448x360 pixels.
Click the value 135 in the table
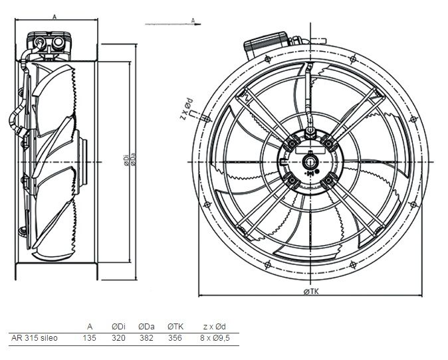(x=90, y=338)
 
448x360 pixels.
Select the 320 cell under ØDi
(x=118, y=338)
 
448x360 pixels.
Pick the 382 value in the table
(x=147, y=338)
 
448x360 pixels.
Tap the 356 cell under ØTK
(x=175, y=338)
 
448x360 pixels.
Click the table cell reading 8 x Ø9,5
(x=215, y=338)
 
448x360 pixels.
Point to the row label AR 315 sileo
(x=35, y=338)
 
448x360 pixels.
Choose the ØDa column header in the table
(x=146, y=326)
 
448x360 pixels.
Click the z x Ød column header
(x=214, y=326)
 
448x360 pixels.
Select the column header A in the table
(x=90, y=326)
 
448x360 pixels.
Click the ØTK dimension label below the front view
(x=311, y=292)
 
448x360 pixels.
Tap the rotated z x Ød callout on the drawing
(x=187, y=109)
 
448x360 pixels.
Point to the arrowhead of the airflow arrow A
(x=198, y=25)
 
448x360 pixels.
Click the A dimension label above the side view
(x=55, y=17)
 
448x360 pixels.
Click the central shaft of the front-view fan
(x=310, y=162)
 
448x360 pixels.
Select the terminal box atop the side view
(x=49, y=46)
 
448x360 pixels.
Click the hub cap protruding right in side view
(x=82, y=162)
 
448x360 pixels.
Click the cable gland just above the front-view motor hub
(x=310, y=132)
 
